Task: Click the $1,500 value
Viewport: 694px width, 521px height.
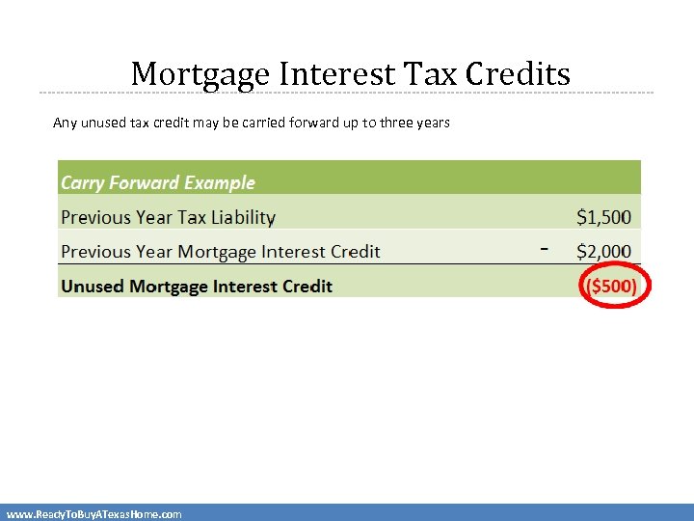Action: tap(603, 217)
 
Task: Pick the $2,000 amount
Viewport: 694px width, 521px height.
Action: tap(603, 252)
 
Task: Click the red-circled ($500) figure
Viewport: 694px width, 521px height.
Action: tap(613, 287)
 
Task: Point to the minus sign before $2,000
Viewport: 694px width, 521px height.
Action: tap(545, 250)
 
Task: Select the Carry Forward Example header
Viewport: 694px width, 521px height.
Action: tap(158, 182)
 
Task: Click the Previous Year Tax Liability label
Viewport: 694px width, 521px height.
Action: tap(168, 218)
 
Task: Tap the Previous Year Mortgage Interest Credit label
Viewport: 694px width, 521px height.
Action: tap(220, 252)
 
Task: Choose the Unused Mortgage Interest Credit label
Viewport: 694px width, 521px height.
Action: tap(197, 287)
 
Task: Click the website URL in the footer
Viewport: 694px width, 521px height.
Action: tap(93, 514)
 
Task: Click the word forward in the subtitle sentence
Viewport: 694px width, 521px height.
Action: tap(312, 123)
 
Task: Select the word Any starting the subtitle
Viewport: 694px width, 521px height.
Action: tap(65, 123)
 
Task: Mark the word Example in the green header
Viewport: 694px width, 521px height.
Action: tap(221, 182)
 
